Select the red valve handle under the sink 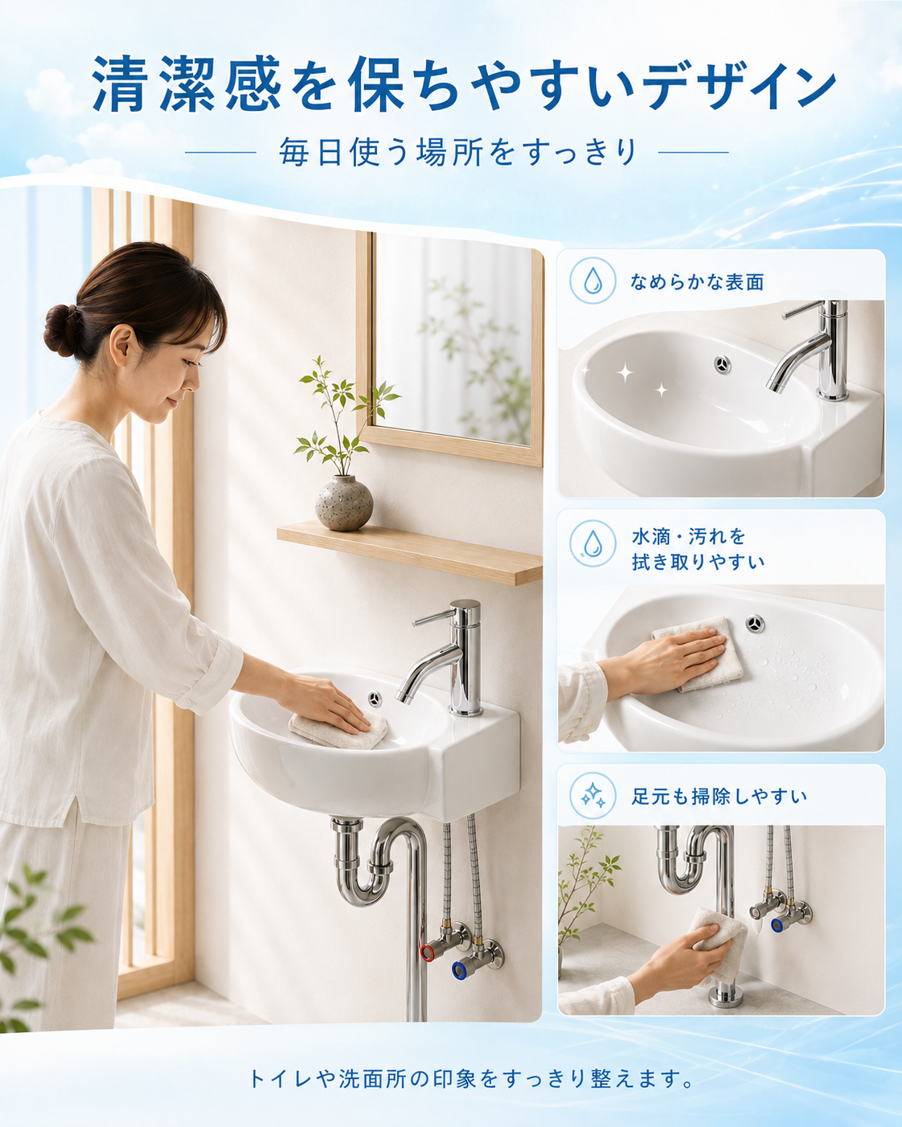click(427, 953)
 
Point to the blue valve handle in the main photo click(460, 970)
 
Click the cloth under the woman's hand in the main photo click(338, 730)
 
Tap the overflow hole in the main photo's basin click(374, 699)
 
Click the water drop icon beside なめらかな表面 click(592, 281)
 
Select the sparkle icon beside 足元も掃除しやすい click(592, 796)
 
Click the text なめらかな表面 click(697, 282)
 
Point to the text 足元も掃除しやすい click(719, 797)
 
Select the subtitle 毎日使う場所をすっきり click(457, 152)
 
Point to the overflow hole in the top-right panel click(723, 364)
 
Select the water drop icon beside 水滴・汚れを click(592, 543)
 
